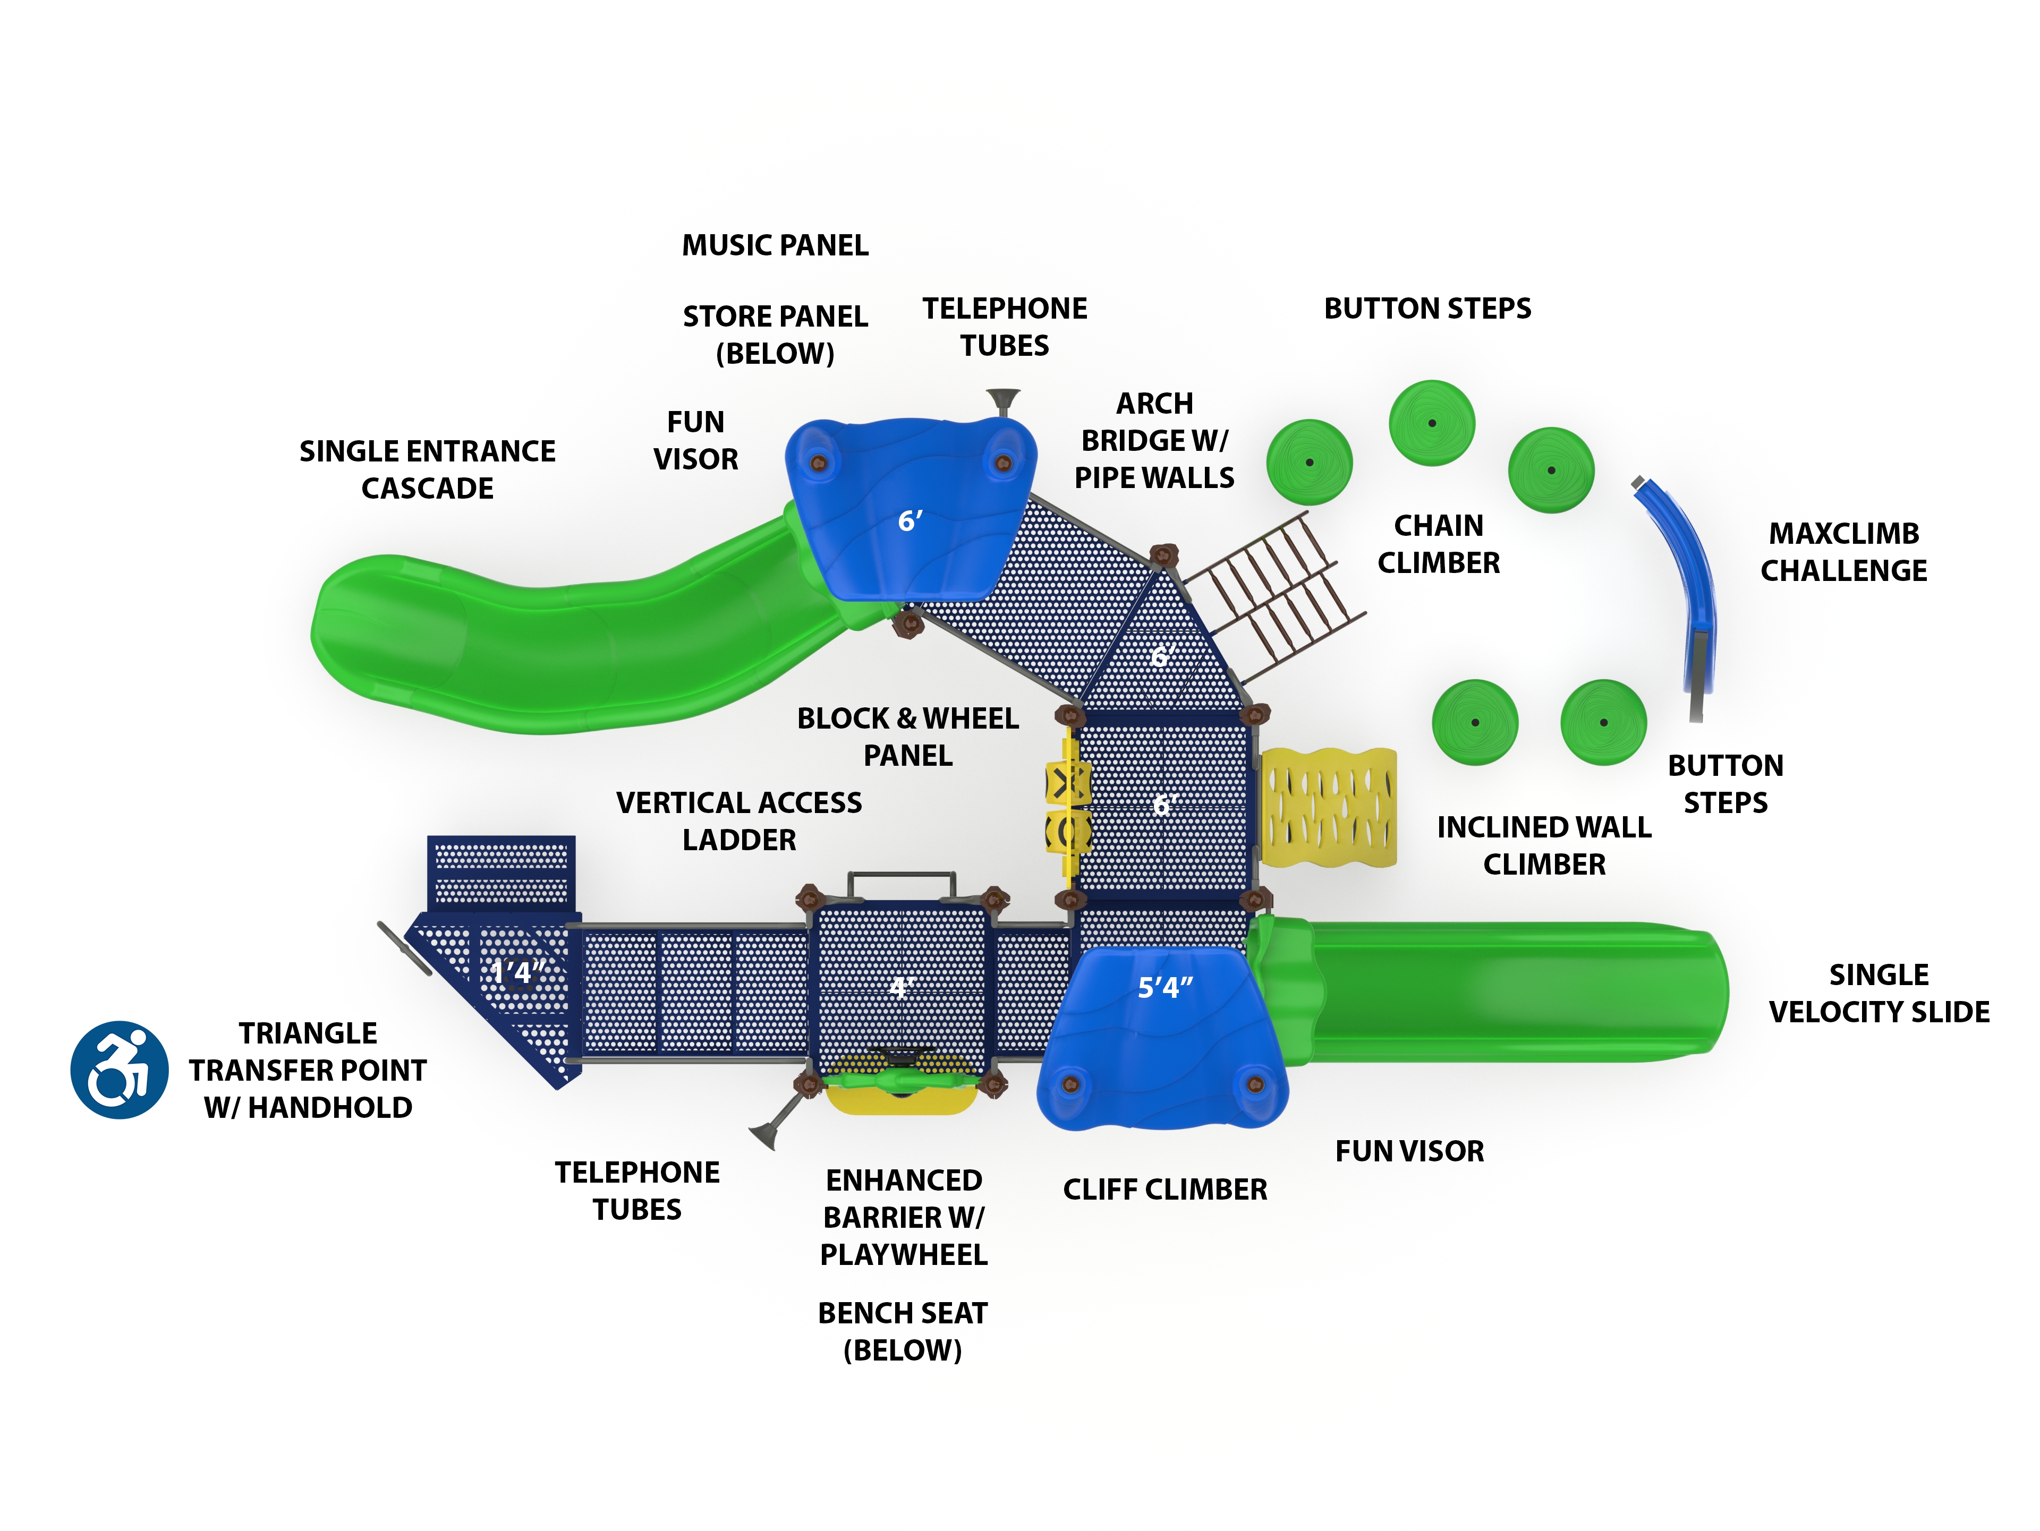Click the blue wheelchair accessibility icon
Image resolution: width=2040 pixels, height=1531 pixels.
click(x=119, y=1069)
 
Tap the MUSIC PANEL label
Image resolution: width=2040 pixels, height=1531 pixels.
click(x=775, y=245)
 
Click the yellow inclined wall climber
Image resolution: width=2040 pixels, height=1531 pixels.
click(x=1328, y=807)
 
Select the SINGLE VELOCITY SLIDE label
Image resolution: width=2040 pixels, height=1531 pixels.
click(x=1878, y=993)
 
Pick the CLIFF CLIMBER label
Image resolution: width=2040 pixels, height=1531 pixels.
click(x=1165, y=1189)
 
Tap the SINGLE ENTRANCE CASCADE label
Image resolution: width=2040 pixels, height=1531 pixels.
click(x=427, y=469)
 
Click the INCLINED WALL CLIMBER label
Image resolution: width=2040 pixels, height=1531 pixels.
click(x=1544, y=845)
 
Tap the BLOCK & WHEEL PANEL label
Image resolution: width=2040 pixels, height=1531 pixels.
click(x=907, y=737)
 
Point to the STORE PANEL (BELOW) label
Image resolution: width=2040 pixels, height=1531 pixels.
click(x=775, y=335)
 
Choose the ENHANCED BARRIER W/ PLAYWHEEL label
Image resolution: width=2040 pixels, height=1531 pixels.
click(x=904, y=1217)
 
